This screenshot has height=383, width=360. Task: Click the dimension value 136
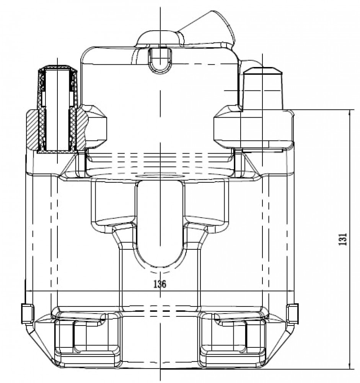point(160,284)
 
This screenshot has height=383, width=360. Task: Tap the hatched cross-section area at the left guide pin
point(31,129)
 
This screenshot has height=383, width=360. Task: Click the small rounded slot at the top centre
point(160,60)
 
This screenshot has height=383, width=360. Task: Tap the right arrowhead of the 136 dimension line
point(290,291)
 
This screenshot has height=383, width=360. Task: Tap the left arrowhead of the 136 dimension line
point(29,291)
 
